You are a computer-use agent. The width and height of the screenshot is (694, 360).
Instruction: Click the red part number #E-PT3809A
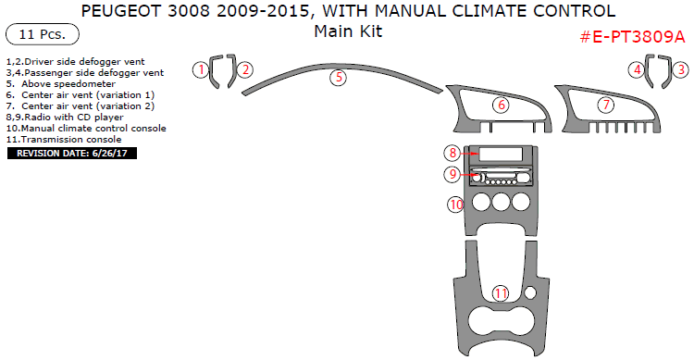coord(632,37)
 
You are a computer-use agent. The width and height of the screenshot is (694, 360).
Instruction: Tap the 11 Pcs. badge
coord(43,34)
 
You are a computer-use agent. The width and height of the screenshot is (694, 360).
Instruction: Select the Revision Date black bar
coord(72,154)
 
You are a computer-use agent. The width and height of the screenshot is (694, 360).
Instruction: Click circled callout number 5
coord(339,78)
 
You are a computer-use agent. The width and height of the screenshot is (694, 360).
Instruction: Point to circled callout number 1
coord(201,69)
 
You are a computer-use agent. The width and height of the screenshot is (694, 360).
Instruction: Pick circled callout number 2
coord(245,69)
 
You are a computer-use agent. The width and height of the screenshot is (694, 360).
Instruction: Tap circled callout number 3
coord(681,69)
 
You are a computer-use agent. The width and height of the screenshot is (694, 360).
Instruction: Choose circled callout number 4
coord(637,69)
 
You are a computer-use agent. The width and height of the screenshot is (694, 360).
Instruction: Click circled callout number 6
coord(501,105)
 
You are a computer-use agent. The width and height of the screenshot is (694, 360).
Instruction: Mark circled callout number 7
coord(606,105)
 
